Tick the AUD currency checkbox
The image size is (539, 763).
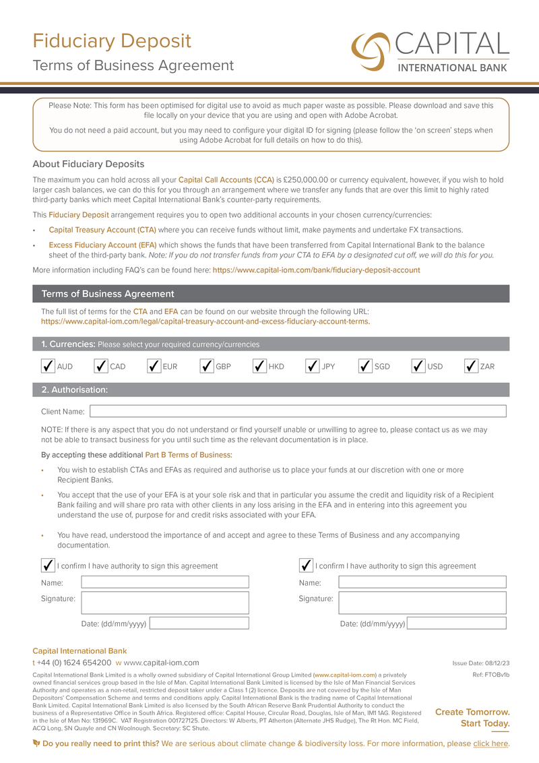tap(48, 366)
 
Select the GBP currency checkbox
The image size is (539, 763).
tap(207, 366)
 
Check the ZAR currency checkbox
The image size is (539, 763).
tap(472, 366)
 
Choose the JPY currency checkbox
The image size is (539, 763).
tap(313, 366)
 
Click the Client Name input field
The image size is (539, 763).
tap(298, 411)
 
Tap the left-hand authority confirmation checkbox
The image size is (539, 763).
tap(48, 565)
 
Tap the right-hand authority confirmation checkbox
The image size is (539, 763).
tap(306, 565)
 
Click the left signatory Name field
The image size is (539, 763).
tap(165, 582)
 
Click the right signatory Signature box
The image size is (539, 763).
tap(422, 602)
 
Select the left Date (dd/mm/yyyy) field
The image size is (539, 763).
tap(199, 623)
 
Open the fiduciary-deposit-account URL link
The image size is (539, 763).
tap(316, 270)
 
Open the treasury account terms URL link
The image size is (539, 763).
tap(205, 322)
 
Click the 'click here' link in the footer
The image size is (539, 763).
tap(490, 743)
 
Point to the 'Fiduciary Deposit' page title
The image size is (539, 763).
tap(112, 41)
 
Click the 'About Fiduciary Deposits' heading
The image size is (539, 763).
tap(88, 164)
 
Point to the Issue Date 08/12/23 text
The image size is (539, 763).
tap(480, 663)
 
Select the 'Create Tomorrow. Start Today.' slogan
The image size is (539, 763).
tap(472, 718)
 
